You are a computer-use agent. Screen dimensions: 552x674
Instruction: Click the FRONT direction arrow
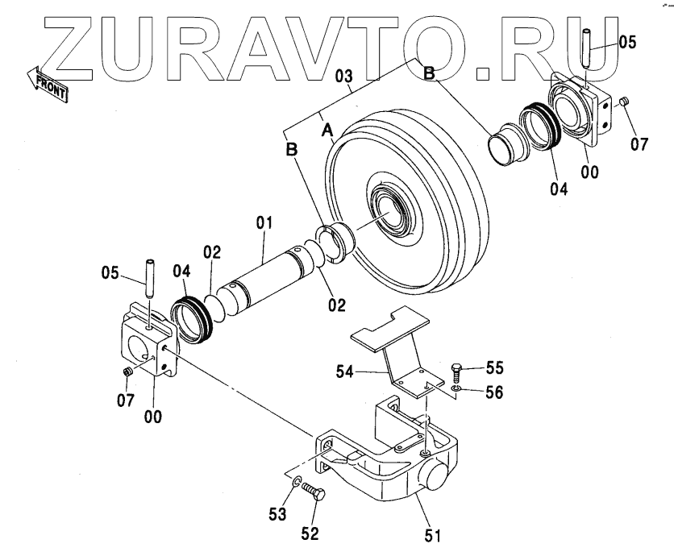point(47,82)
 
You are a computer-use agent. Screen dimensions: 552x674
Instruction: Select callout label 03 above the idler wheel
point(344,77)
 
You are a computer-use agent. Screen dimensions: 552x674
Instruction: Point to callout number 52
point(310,533)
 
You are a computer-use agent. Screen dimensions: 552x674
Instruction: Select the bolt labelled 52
point(315,495)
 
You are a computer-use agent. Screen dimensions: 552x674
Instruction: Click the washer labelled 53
point(298,483)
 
